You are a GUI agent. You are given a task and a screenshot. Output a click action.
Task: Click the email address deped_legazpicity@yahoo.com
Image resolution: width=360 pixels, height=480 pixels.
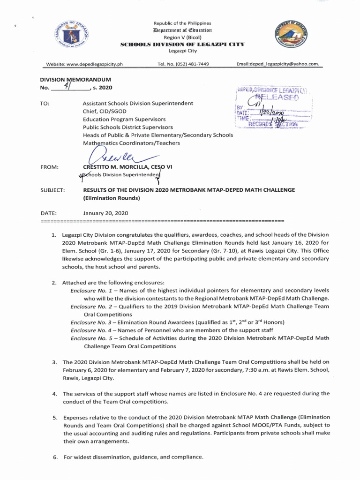pos(278,64)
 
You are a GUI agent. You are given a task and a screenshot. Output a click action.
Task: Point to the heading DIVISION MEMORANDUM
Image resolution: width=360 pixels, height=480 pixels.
pos(75,80)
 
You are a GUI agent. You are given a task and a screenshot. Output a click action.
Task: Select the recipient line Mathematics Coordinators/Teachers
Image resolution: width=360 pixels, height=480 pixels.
pos(131,142)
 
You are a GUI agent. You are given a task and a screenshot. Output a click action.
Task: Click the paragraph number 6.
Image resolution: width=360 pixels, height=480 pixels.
pos(54,457)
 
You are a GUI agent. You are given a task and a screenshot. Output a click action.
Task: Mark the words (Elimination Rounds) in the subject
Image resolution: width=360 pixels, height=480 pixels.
pos(112,198)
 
